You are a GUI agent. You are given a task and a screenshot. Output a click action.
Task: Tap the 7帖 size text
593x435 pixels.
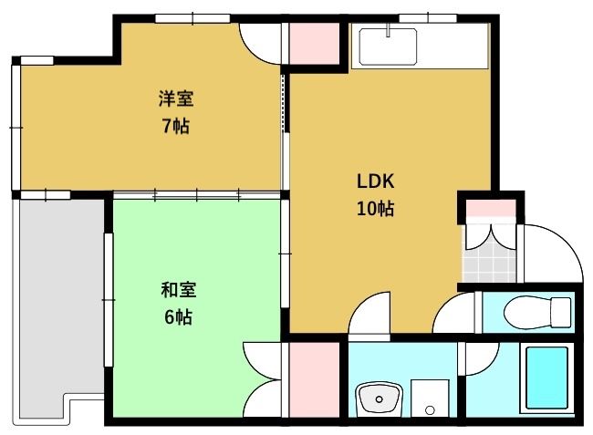pyautogui.click(x=176, y=126)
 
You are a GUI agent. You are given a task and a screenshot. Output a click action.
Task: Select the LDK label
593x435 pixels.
pyautogui.click(x=375, y=180)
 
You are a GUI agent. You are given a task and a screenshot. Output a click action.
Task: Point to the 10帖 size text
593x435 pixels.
pyautogui.click(x=375, y=208)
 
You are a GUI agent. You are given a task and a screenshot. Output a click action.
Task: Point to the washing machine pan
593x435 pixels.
pyautogui.click(x=430, y=397)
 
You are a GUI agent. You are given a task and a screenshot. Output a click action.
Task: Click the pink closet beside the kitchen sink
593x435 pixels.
pyautogui.click(x=313, y=42)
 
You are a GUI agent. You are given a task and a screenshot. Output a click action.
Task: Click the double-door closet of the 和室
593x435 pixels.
pyautogui.click(x=265, y=378)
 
